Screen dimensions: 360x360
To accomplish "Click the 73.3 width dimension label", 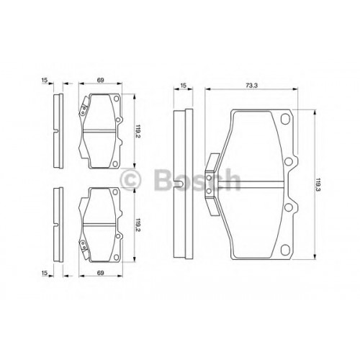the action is coord(251,85).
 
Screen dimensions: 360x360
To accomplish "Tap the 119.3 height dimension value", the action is coord(318,184).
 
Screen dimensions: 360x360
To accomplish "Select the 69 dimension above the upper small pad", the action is coord(100,80).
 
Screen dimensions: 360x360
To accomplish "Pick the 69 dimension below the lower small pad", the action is coord(100,273).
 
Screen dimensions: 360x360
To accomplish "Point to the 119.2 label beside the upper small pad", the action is coord(138,131).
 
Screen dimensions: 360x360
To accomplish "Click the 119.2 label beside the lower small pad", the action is coord(138,225).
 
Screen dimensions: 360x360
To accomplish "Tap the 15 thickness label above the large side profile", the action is coord(183,85).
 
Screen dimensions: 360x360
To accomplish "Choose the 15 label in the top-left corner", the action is coord(45,80).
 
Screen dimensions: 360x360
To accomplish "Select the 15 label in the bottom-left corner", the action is coord(45,273).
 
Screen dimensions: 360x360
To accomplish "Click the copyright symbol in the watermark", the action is coord(131,179).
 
